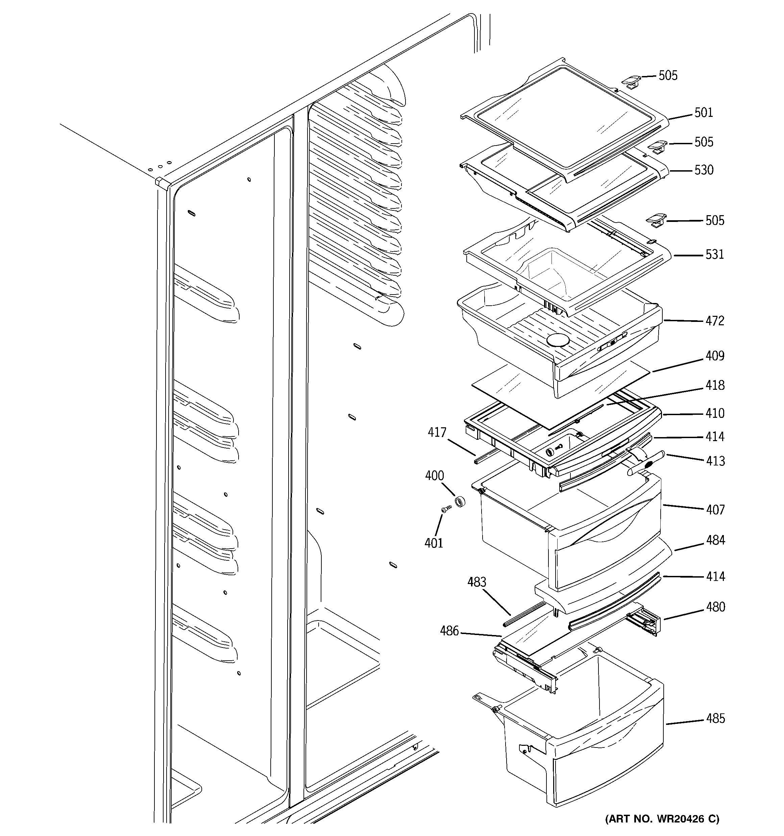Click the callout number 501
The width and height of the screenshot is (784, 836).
coord(704,113)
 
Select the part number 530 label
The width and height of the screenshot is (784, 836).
coord(704,170)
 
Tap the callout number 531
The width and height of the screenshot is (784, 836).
coord(715,254)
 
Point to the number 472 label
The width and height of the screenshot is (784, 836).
coord(715,321)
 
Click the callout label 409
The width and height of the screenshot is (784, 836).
coord(715,356)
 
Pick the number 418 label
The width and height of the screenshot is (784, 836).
coord(715,385)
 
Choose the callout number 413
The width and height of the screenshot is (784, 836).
coord(715,461)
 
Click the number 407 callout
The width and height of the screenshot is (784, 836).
coord(715,510)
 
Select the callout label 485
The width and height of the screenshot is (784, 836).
coord(715,719)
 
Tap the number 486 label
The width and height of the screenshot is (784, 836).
coord(449,631)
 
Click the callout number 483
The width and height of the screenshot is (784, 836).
coord(476,582)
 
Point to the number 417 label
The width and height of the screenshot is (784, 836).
coord(437,432)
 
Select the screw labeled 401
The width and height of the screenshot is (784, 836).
coord(446,509)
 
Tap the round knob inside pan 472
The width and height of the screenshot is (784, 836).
coord(558,340)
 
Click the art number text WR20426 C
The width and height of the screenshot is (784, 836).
coord(662,819)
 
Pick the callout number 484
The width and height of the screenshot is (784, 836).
coord(715,540)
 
